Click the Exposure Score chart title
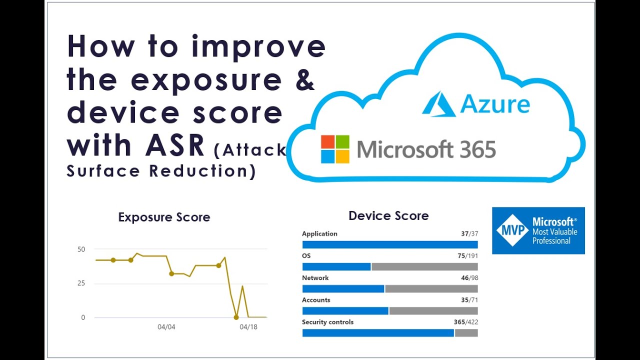coord(164,217)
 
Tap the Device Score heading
coord(388,216)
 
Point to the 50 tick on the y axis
coord(80,249)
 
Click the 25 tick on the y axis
coord(80,283)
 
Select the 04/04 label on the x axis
coord(166,327)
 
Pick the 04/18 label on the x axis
coord(248,327)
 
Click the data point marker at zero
coord(236,317)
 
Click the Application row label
coord(319,233)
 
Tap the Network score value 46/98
coord(469,278)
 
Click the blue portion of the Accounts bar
coord(345,311)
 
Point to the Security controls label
coord(327,322)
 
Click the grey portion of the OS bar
coord(424,267)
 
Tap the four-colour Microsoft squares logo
coord(335,149)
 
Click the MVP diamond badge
coord(512,230)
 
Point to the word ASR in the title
coord(175,145)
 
